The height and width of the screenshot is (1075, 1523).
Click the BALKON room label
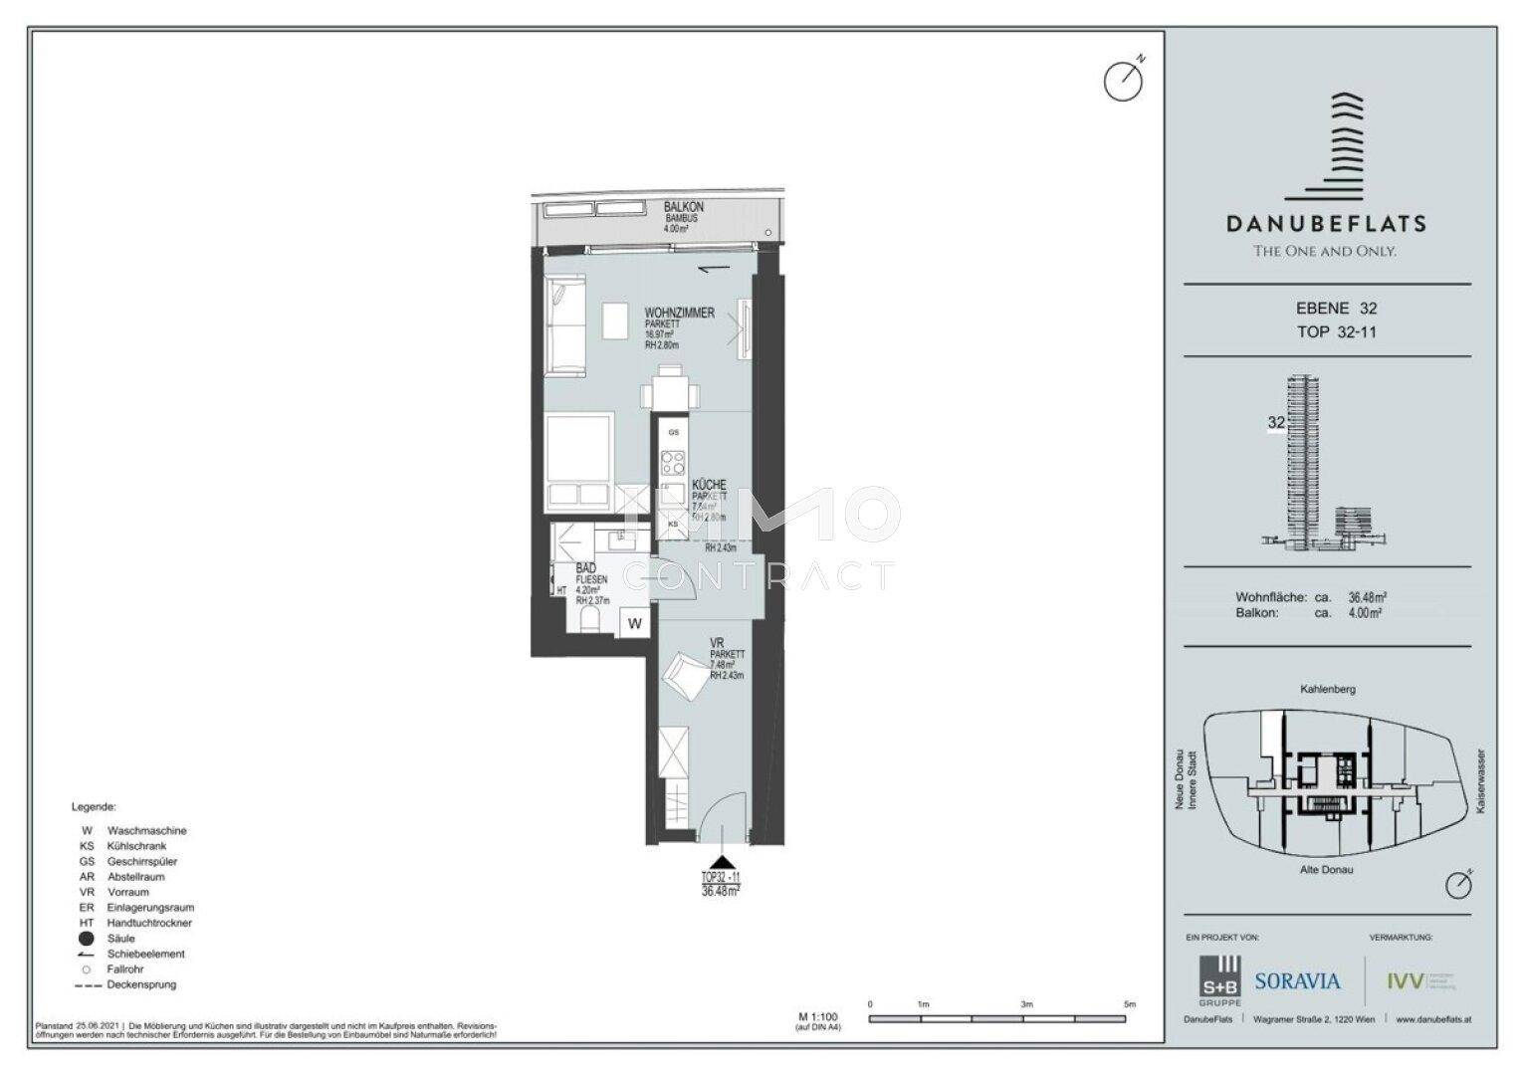(683, 207)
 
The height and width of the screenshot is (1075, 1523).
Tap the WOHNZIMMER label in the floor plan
(679, 313)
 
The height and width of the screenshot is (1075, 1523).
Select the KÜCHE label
(709, 485)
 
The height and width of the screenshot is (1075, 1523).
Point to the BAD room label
(585, 567)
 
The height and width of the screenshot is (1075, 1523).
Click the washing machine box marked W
(634, 624)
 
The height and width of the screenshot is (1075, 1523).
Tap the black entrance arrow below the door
(721, 862)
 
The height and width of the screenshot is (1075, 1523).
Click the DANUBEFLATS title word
(1325, 224)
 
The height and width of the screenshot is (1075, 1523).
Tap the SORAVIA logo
(1296, 981)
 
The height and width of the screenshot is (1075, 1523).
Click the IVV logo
(1405, 981)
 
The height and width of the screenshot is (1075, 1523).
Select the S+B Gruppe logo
(1219, 981)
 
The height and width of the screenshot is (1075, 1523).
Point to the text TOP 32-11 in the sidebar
(1336, 331)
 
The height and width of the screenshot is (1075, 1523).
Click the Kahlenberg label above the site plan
(1327, 689)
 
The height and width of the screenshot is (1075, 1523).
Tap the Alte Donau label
(1326, 869)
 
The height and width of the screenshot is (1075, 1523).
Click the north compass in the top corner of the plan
(1123, 81)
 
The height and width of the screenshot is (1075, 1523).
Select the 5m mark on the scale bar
(1129, 1005)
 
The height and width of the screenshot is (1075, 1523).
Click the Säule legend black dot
(87, 939)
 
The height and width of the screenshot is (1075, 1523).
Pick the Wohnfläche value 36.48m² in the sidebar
(1367, 597)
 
